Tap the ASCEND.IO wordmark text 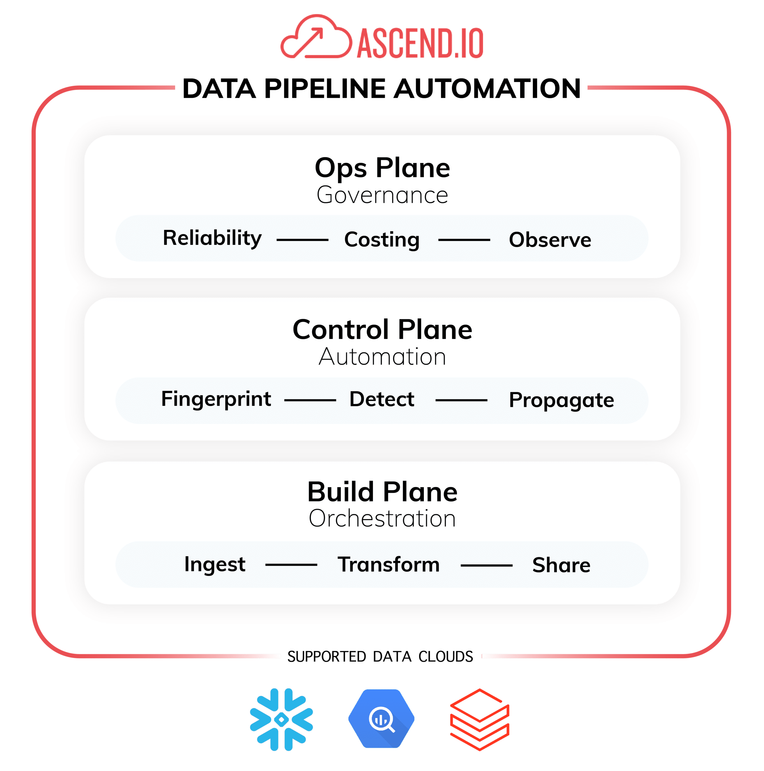click(x=420, y=43)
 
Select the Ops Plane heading click(x=382, y=168)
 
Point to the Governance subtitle click(x=382, y=195)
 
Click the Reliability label click(x=212, y=239)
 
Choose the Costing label click(x=382, y=240)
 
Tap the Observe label click(x=550, y=240)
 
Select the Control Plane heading click(x=382, y=330)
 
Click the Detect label click(x=382, y=399)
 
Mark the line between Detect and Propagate click(x=461, y=400)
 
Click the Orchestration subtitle click(x=382, y=518)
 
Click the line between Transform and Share click(x=486, y=565)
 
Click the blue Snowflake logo click(x=281, y=719)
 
